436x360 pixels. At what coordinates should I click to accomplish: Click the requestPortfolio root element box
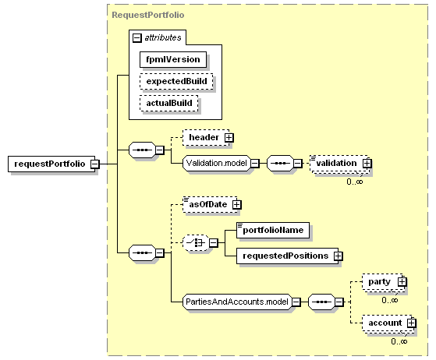tap(51, 164)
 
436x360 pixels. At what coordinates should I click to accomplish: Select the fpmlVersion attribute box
tap(173, 59)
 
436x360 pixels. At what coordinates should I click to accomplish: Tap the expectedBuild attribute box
tap(176, 81)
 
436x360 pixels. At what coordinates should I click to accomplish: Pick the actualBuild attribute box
tap(169, 104)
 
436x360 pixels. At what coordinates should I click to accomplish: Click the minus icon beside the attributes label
tap(137, 37)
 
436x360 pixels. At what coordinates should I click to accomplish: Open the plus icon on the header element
tap(229, 137)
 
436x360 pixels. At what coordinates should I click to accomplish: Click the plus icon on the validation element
tap(367, 164)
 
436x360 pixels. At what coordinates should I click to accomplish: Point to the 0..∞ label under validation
tap(355, 182)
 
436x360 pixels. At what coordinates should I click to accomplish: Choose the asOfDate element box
tap(210, 205)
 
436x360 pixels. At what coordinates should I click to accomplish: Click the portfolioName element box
tap(273, 230)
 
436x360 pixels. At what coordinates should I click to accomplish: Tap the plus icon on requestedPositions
tap(339, 256)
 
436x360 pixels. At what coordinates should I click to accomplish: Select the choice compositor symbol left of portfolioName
tap(196, 243)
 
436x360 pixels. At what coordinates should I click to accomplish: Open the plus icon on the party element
tap(402, 282)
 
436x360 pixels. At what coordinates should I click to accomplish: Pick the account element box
tap(388, 323)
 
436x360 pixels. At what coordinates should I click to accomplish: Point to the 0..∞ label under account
tap(399, 341)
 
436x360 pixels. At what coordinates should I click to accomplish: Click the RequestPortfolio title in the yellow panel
tap(148, 15)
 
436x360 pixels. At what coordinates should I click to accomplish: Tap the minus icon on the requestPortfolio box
tap(95, 164)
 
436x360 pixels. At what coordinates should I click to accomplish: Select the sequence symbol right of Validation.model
tap(280, 163)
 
